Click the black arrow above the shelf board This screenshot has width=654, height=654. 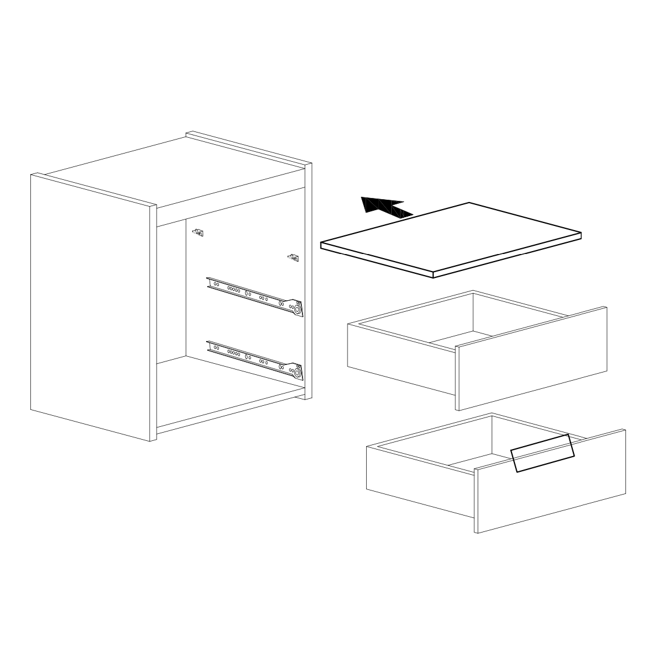point(382,207)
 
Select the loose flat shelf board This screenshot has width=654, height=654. point(453,236)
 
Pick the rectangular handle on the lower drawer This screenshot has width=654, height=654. point(542,453)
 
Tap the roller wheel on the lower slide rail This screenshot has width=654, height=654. point(298,372)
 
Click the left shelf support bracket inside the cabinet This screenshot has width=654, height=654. point(199,233)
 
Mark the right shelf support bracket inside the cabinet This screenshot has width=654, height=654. point(293,257)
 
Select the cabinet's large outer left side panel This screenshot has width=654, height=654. point(91,307)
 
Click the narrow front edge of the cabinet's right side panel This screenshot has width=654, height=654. point(309,280)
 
